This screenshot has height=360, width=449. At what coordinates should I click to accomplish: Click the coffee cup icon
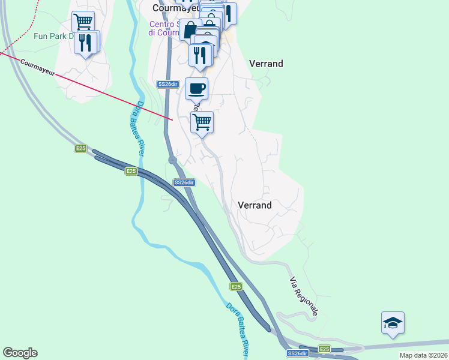(x=197, y=89)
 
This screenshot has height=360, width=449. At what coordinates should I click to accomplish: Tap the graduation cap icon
(x=393, y=323)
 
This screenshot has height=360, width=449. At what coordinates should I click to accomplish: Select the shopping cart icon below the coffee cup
(x=202, y=122)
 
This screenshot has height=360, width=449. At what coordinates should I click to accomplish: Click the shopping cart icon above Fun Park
(x=83, y=22)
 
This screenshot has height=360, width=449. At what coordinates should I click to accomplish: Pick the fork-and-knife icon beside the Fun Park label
(x=86, y=43)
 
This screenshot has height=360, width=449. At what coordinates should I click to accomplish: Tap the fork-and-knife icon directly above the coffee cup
(x=200, y=55)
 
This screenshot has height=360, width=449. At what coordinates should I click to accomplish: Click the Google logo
(x=20, y=353)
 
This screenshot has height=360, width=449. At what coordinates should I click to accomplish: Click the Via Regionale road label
(x=304, y=295)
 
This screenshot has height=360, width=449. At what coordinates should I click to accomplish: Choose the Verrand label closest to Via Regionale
(x=255, y=205)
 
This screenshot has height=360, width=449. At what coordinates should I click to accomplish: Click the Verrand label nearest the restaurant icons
(x=266, y=64)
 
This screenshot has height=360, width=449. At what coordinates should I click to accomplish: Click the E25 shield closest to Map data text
(x=324, y=349)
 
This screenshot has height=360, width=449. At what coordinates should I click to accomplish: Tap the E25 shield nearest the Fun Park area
(x=80, y=148)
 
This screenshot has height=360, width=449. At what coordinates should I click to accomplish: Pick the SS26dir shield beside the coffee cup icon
(x=168, y=85)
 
